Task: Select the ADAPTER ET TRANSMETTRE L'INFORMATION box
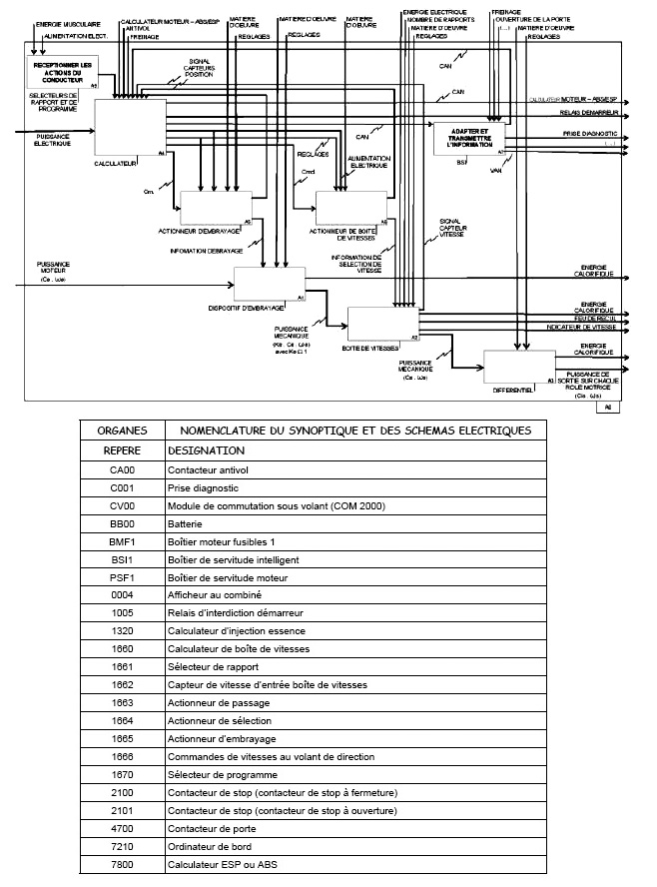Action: [x=468, y=137]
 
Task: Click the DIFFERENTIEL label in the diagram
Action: [x=513, y=390]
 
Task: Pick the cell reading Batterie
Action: [x=185, y=523]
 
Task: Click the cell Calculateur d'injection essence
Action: [x=238, y=631]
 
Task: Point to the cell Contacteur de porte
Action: [x=212, y=829]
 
